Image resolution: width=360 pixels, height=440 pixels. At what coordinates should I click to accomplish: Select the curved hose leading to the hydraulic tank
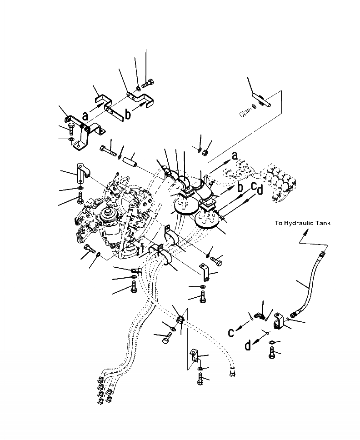308,283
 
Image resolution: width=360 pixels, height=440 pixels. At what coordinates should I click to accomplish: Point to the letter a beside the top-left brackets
85,115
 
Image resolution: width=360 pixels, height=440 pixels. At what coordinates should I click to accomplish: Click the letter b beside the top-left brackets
128,114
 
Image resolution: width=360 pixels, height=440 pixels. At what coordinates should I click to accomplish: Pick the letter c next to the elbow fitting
231,333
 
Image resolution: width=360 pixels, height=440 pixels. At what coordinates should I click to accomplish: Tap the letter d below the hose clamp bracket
248,345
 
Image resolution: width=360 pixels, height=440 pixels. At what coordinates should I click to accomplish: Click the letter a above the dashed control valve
235,155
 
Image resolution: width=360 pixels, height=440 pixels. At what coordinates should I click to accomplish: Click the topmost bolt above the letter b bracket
148,83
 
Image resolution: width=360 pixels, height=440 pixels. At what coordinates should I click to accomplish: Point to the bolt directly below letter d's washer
271,353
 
